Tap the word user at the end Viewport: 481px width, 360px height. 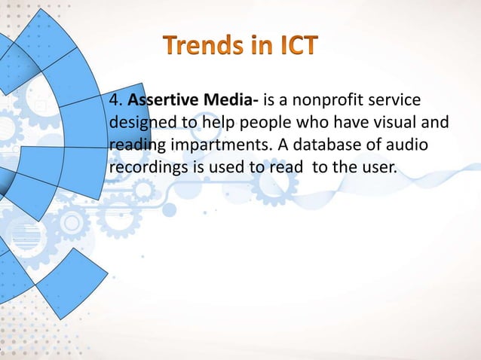point(378,166)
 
